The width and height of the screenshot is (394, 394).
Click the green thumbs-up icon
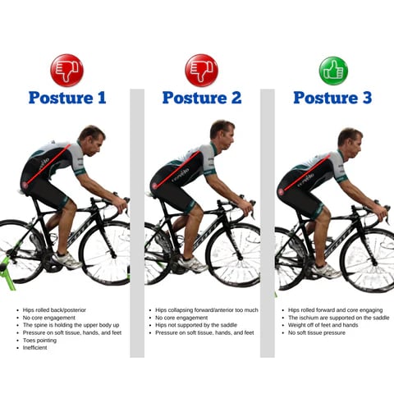(x=333, y=71)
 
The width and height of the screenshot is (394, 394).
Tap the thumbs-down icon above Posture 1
(x=67, y=71)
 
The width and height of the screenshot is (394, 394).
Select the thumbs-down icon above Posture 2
(x=202, y=71)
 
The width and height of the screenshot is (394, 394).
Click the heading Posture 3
(x=332, y=98)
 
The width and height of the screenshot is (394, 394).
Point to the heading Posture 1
(x=67, y=98)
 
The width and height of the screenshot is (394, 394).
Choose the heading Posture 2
(x=202, y=98)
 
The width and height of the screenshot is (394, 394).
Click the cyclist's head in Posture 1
(x=92, y=140)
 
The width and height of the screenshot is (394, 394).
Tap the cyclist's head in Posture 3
(x=350, y=143)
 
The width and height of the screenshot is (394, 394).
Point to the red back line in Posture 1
(x=46, y=164)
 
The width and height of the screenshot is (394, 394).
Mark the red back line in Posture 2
(x=176, y=170)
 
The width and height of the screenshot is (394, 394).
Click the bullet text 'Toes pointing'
(x=39, y=341)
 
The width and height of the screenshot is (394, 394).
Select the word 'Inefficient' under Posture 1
(x=35, y=348)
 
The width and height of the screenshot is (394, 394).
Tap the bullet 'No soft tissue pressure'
(x=317, y=332)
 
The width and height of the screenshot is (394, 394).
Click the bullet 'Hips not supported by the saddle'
(x=196, y=325)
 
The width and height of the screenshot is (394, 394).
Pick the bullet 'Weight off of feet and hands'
(x=323, y=325)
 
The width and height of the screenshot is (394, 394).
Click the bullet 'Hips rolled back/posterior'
(x=54, y=310)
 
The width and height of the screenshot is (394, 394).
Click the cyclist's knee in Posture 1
(x=71, y=205)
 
